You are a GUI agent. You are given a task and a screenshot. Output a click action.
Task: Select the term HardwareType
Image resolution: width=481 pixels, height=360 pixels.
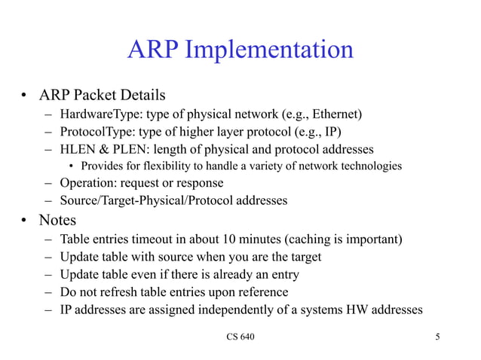pos(96,114)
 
